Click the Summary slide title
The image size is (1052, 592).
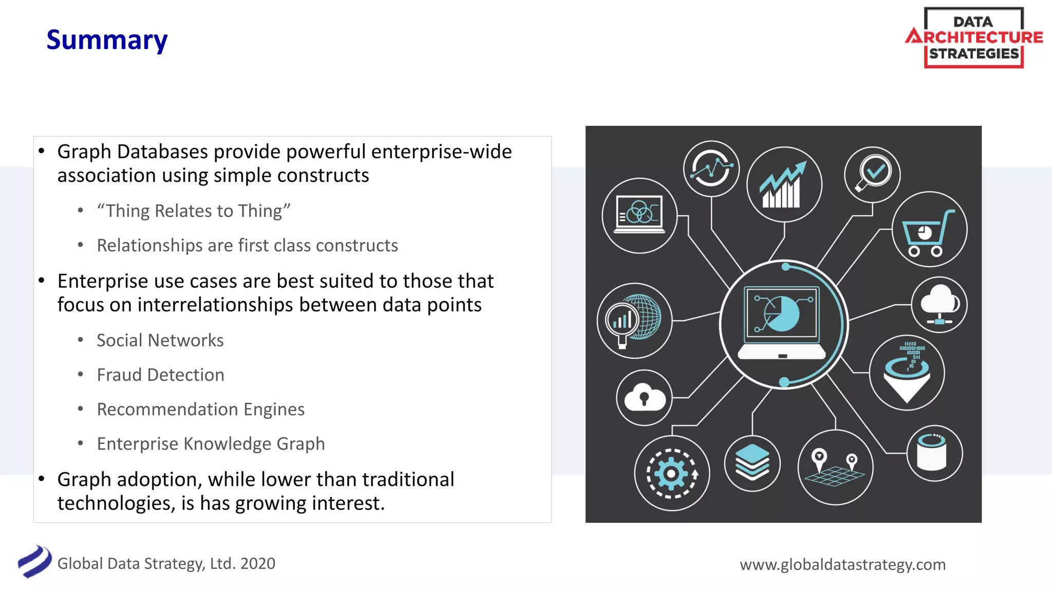point(107,40)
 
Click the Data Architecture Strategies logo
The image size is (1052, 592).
point(974,38)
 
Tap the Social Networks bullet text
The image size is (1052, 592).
point(160,340)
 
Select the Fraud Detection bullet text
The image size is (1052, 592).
point(160,375)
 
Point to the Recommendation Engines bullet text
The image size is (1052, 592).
point(200,409)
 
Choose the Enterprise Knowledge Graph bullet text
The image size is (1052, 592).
point(211,443)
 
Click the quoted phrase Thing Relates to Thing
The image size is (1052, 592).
point(194,211)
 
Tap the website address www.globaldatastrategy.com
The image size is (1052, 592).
point(842,564)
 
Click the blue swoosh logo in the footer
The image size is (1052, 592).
point(34,562)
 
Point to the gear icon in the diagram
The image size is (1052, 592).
point(671,473)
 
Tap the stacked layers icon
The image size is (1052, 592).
point(752,462)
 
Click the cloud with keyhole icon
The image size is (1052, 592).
point(644,398)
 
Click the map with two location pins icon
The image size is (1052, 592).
point(835,468)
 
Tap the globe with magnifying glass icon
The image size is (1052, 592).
point(634,320)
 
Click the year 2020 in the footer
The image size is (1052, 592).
point(258,564)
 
